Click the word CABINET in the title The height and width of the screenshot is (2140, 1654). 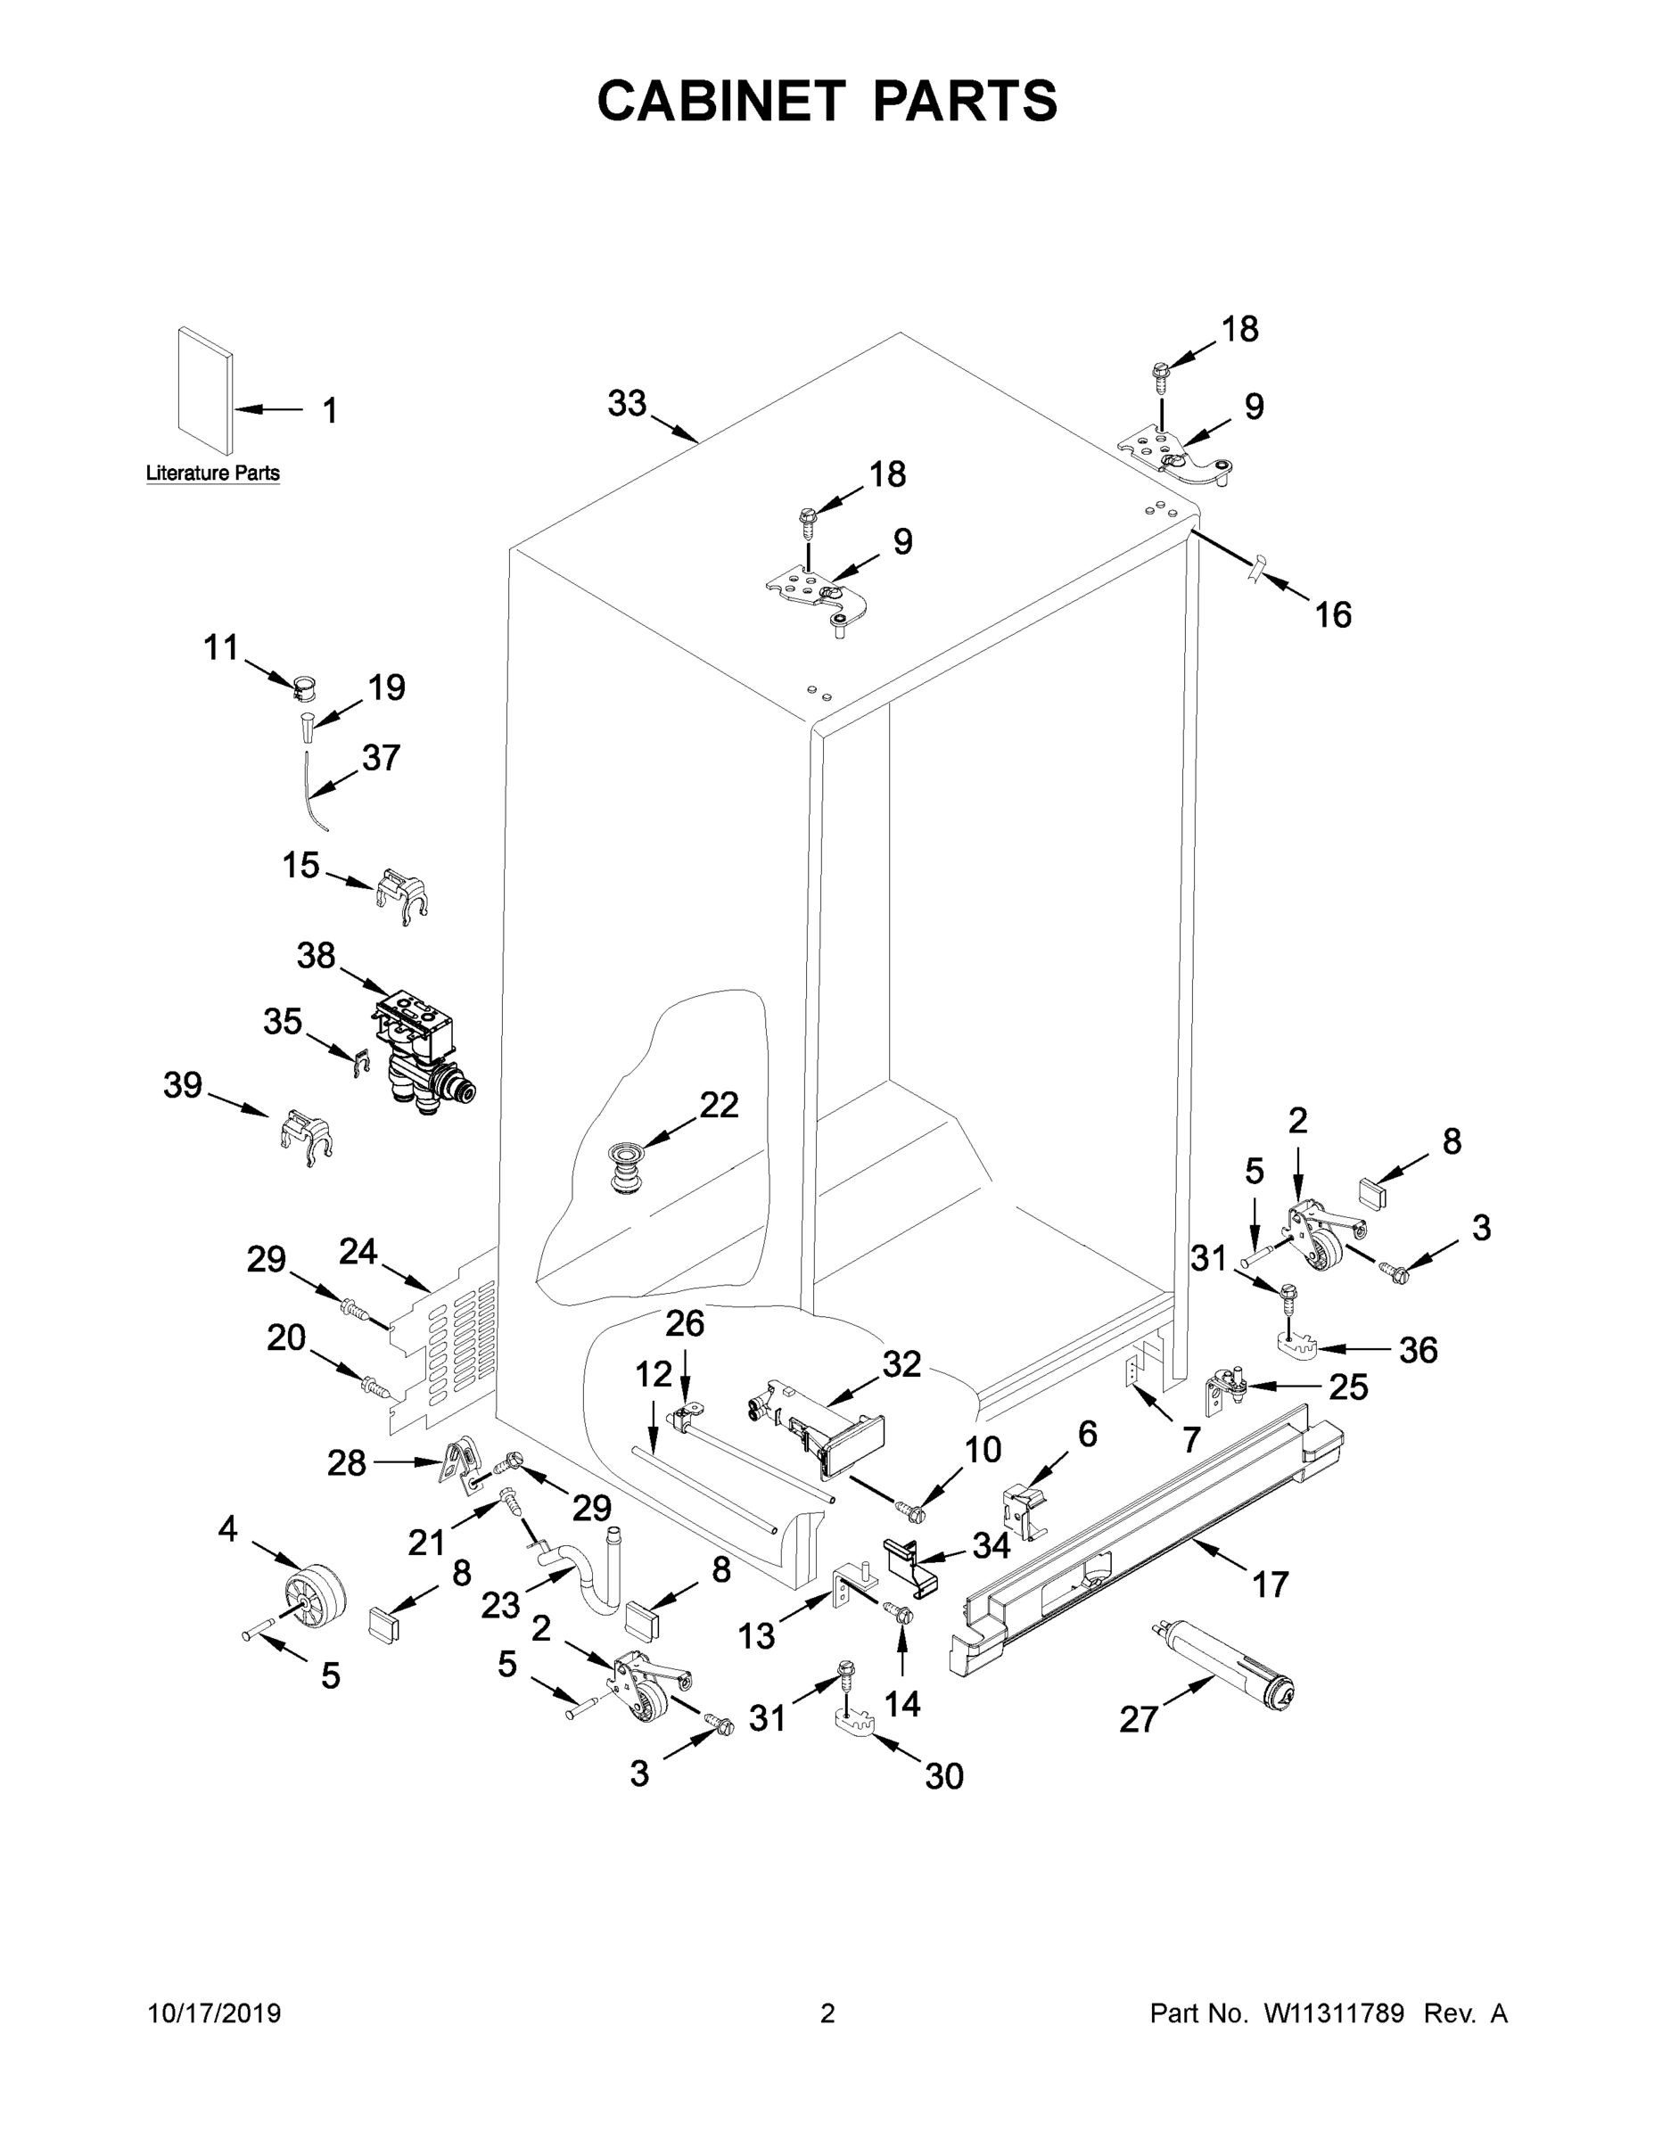[x=721, y=101]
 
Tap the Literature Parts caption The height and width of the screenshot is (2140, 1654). [x=212, y=473]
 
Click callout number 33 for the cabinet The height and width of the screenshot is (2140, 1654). [x=627, y=403]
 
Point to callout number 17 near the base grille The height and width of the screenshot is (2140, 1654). [x=1270, y=1584]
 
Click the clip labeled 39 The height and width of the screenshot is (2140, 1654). [x=306, y=1138]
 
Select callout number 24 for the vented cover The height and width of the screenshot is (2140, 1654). [x=358, y=1251]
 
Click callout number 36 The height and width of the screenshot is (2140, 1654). [x=1417, y=1350]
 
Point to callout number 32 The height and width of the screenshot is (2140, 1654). [x=901, y=1364]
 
